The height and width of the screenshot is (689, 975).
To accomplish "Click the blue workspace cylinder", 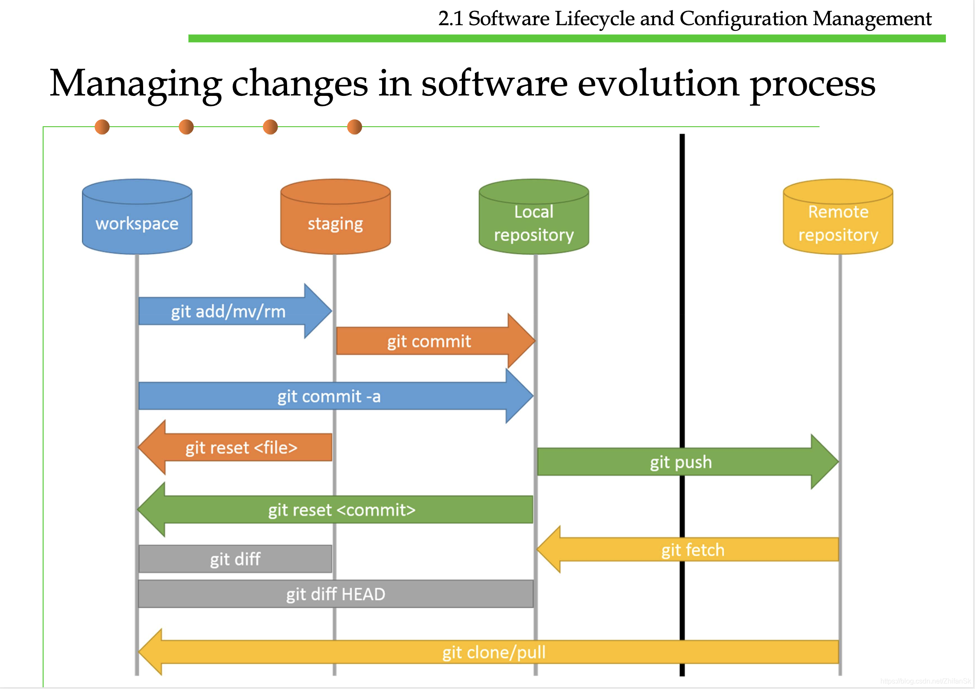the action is pos(137,217).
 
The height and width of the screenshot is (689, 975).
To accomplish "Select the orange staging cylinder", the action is pos(335,217).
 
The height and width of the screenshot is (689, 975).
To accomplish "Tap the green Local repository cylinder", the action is pos(534,217).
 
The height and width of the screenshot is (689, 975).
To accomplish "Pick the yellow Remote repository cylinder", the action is pos(838,217).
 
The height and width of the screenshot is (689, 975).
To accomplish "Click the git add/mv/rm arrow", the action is pos(235,311).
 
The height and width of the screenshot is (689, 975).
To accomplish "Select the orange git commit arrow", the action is pos(435,341).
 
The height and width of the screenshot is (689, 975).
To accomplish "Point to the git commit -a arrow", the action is pos(336,396).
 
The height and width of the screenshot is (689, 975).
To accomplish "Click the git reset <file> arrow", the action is pos(235,447).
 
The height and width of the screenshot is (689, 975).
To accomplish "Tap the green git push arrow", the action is pos(688,462).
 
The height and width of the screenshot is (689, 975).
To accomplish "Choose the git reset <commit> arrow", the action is pos(335,509).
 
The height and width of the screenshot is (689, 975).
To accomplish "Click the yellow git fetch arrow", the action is pos(688,549).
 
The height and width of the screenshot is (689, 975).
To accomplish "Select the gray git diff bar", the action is pos(235,559).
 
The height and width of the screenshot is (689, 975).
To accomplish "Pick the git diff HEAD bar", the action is pos(336,594).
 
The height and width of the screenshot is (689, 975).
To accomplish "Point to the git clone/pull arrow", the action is pos(488,652).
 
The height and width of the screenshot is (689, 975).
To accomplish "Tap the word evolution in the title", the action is pos(658,83).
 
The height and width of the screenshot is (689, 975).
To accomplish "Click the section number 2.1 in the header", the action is pos(451,19).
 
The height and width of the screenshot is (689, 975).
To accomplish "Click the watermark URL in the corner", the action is pos(926,681).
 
